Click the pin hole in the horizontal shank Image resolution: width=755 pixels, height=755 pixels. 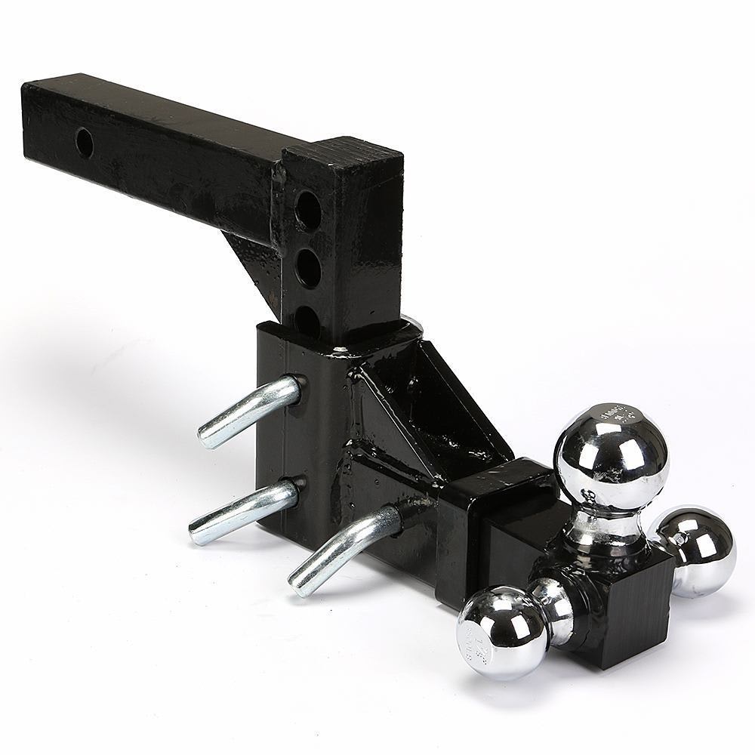pyautogui.click(x=85, y=142)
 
